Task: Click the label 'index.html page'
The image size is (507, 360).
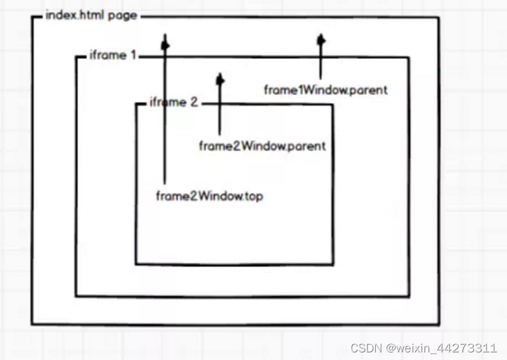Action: [91, 15]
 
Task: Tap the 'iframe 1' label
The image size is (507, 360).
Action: [113, 55]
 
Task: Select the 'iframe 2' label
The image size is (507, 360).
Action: [173, 102]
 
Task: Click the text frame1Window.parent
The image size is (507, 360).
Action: [325, 90]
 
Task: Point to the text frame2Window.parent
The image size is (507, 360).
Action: [262, 146]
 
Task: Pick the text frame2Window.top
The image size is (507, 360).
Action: [209, 196]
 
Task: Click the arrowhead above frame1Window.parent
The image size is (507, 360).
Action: [321, 40]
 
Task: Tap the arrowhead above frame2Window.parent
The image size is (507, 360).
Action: [220, 80]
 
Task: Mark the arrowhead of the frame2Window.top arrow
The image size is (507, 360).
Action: [165, 44]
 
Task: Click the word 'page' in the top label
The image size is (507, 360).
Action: [122, 15]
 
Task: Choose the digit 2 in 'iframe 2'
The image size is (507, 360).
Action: [194, 102]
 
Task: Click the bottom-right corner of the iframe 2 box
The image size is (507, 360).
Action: [333, 264]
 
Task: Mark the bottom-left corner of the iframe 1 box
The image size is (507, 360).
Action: [76, 295]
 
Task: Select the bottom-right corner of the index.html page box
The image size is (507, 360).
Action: [439, 325]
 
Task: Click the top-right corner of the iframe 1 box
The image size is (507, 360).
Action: [408, 58]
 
